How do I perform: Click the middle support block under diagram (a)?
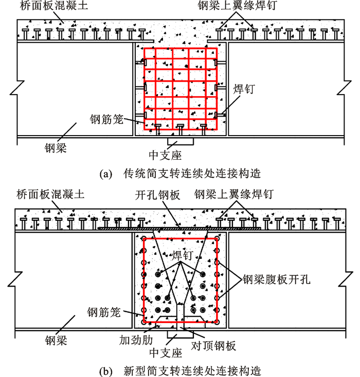click(178, 140)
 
